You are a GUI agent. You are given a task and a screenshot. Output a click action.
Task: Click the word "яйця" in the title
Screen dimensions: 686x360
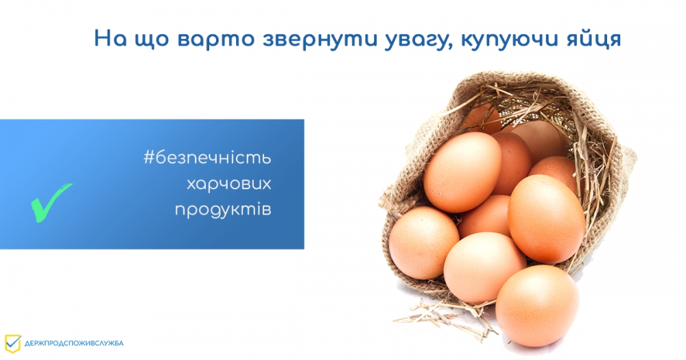click(x=593, y=39)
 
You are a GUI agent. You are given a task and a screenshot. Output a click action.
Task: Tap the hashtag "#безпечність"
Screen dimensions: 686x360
click(x=207, y=158)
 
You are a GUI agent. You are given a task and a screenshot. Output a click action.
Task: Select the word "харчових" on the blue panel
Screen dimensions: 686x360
click(x=229, y=184)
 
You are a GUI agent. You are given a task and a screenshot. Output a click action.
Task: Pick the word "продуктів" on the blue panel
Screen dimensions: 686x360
click(x=223, y=210)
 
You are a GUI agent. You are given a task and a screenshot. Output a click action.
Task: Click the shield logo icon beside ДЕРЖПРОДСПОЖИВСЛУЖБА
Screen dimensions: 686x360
click(x=12, y=344)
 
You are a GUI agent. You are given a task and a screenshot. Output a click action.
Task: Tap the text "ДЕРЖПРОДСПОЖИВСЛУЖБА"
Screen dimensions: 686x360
click(x=74, y=344)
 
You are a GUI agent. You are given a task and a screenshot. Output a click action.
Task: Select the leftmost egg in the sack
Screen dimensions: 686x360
click(x=423, y=243)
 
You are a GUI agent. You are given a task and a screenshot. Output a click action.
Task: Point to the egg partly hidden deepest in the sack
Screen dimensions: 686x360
click(x=482, y=118)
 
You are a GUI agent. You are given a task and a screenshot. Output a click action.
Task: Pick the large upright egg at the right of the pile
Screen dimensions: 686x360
click(x=547, y=219)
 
